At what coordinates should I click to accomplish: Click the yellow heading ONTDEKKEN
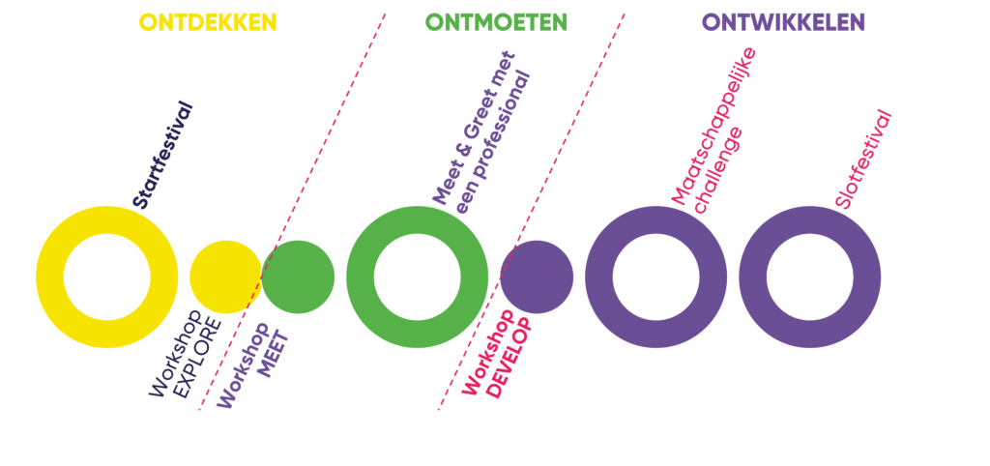coord(208,23)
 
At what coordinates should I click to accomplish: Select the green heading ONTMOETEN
coord(496,23)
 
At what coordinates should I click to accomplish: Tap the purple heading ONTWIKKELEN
coord(783,23)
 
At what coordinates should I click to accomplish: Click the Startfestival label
coord(162,155)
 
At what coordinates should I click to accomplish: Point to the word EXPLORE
coord(197,358)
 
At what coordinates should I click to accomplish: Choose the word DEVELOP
coord(510,359)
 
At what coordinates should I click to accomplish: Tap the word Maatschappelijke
coord(713,127)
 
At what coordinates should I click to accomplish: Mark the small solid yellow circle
coord(226,277)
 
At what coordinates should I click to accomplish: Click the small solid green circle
coord(298,277)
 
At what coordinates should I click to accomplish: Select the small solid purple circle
coord(537,277)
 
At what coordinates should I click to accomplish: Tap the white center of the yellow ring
coord(106,277)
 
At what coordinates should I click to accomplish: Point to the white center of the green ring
coord(418,277)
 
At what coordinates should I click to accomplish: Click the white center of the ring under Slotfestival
coord(810,277)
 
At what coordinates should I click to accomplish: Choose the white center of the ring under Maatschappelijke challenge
coord(656,277)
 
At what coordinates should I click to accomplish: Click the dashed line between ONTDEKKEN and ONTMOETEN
coord(292,212)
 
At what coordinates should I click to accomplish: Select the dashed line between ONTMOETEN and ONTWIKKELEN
coord(532,212)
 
